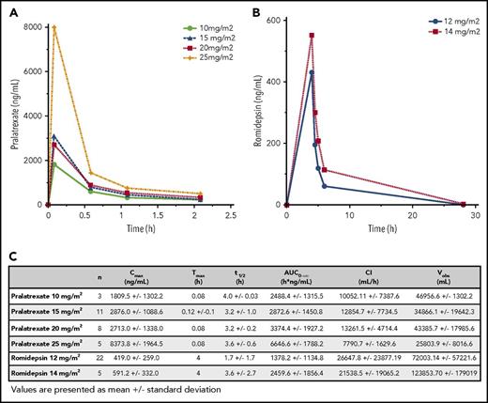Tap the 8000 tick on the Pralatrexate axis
tap(30, 26)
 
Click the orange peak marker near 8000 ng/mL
tap(55, 27)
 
